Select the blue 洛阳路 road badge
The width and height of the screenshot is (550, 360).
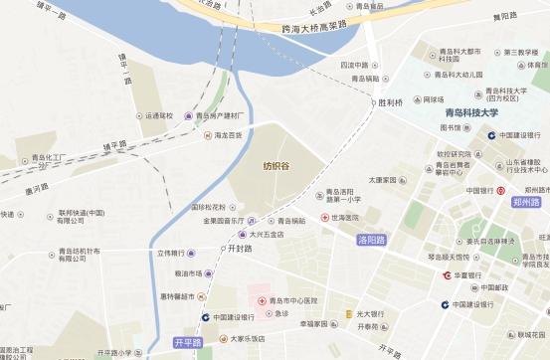pos(370,240)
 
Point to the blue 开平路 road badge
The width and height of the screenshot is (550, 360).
pos(187,343)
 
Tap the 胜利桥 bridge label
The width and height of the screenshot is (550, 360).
pos(388,101)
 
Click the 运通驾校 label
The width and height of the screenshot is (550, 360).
pos(159,116)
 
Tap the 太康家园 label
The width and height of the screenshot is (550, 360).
pos(383,181)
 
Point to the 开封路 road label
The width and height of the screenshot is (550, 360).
pos(240,249)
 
